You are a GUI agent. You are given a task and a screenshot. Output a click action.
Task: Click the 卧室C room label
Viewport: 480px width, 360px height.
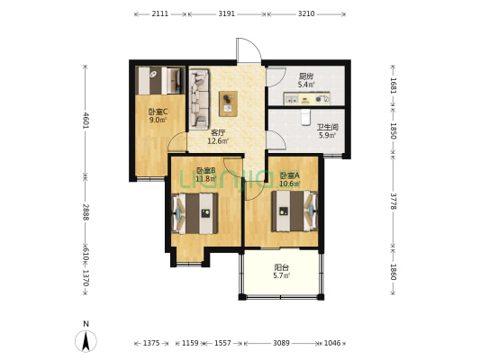158,112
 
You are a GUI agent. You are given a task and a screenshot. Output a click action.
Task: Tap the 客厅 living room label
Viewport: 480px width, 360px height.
218,133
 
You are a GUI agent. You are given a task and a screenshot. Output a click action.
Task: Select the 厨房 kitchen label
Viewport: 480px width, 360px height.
306,76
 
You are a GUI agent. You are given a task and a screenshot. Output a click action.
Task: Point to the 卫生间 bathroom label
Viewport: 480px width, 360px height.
327,127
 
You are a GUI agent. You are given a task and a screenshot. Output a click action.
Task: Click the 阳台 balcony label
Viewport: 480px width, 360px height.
281,267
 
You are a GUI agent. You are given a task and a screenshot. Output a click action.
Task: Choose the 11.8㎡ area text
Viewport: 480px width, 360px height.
206,178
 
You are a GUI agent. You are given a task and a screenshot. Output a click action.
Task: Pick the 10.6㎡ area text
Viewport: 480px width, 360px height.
289,184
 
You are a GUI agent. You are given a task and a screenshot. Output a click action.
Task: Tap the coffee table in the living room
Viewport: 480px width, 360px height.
229,103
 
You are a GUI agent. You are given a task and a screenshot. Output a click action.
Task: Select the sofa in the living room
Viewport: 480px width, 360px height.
199,99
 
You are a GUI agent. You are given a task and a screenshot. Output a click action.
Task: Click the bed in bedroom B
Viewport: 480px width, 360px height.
195,213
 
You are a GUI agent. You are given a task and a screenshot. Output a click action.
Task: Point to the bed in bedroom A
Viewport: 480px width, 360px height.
294,211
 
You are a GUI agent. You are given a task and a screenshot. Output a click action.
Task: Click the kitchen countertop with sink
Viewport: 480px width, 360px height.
307,98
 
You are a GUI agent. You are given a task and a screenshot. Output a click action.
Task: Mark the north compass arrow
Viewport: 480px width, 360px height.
86,341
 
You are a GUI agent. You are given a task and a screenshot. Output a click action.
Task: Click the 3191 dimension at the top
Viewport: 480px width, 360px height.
227,13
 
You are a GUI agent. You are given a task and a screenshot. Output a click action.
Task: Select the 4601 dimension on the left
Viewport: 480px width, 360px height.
86,121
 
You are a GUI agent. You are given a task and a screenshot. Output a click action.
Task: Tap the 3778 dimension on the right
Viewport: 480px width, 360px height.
394,202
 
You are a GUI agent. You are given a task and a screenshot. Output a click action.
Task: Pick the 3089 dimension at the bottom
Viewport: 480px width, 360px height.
281,343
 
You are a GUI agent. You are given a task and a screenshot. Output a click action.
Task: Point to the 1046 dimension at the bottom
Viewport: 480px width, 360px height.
332,343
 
